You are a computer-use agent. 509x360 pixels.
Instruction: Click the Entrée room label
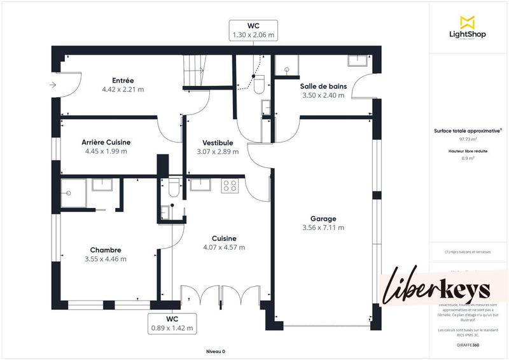tap(123, 81)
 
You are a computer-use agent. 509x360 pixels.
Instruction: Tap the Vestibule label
tap(218, 142)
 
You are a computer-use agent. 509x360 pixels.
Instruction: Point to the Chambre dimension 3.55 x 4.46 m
tap(105, 259)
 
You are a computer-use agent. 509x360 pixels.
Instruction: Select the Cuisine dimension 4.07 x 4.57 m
tap(224, 247)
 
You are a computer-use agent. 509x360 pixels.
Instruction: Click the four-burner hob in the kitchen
tap(230, 186)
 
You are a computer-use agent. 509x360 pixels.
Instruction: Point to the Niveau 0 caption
tap(216, 351)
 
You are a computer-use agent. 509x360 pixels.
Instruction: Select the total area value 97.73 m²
tap(468, 139)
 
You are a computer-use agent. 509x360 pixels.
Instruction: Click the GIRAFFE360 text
tap(468, 344)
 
